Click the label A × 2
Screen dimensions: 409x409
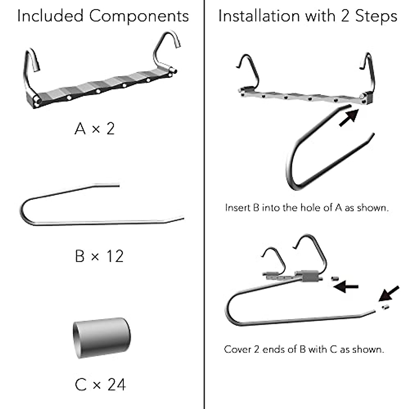tap(95, 129)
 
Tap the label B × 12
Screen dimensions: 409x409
tap(99, 256)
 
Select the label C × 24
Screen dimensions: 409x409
tap(100, 385)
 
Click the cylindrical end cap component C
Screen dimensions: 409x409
tap(101, 337)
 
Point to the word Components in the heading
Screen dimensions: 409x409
tap(139, 16)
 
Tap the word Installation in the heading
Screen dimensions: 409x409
tap(259, 16)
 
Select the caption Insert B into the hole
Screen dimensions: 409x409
tap(307, 208)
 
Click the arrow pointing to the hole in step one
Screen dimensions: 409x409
tap(348, 117)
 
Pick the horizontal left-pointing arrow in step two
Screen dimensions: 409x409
tap(346, 287)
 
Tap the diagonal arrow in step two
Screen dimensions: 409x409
tap(389, 293)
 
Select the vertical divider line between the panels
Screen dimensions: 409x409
tap(204, 204)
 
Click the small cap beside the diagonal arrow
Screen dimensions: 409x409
tap(385, 307)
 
